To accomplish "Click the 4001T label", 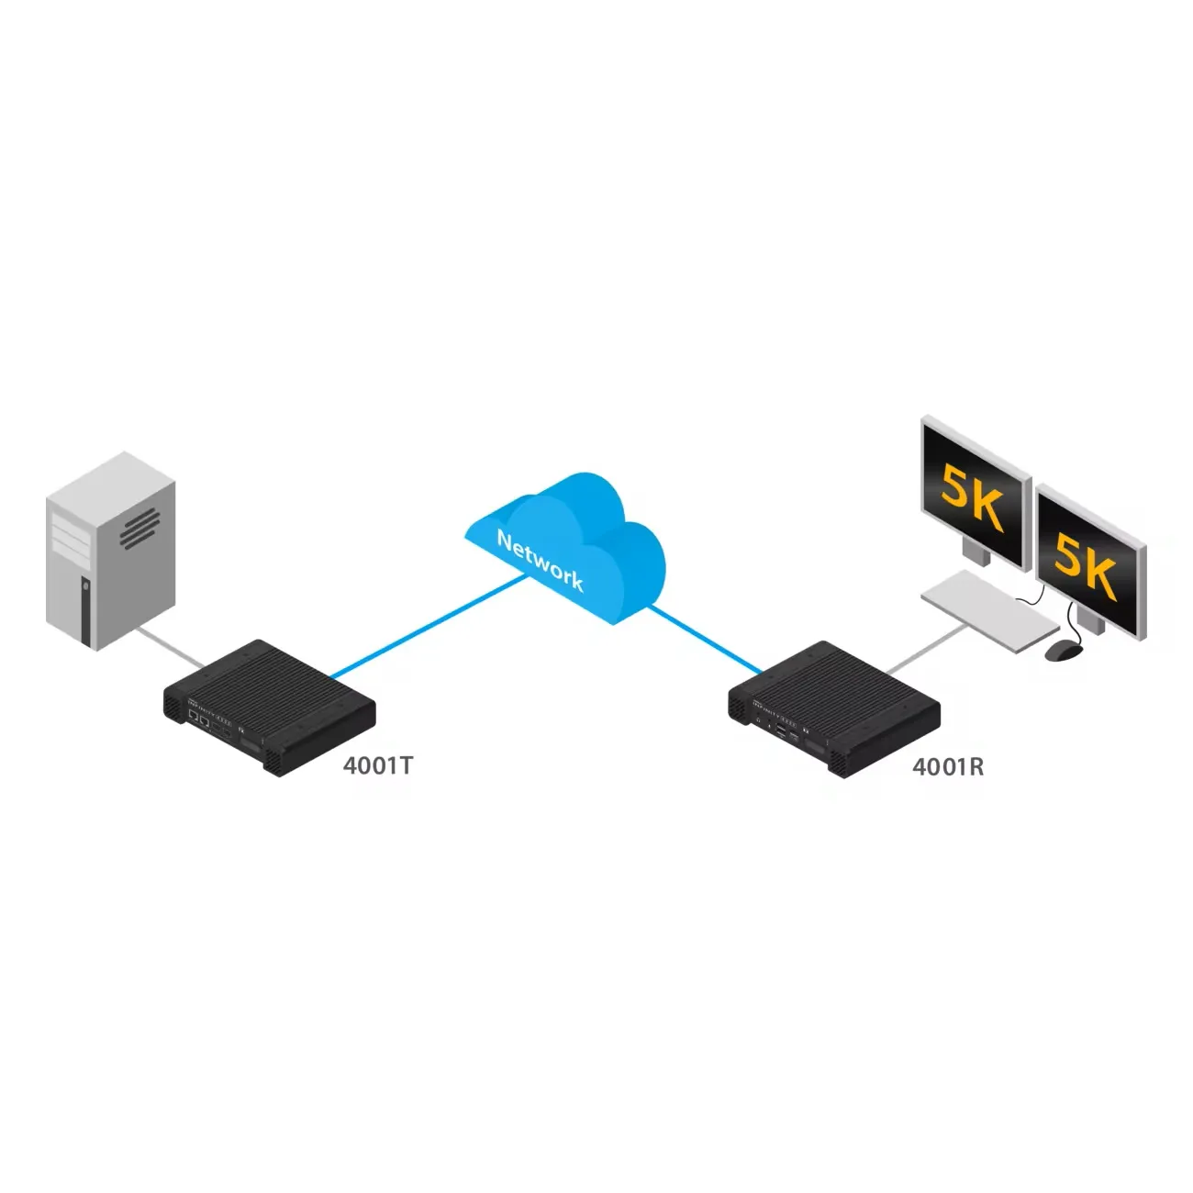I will [x=378, y=764].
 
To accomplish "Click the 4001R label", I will [x=948, y=766].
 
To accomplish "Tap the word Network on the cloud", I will [x=540, y=559].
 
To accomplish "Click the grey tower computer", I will [x=110, y=551].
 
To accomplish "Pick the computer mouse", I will [x=1064, y=650].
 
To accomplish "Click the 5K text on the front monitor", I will [x=1086, y=564].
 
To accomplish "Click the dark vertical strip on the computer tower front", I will [x=85, y=610].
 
